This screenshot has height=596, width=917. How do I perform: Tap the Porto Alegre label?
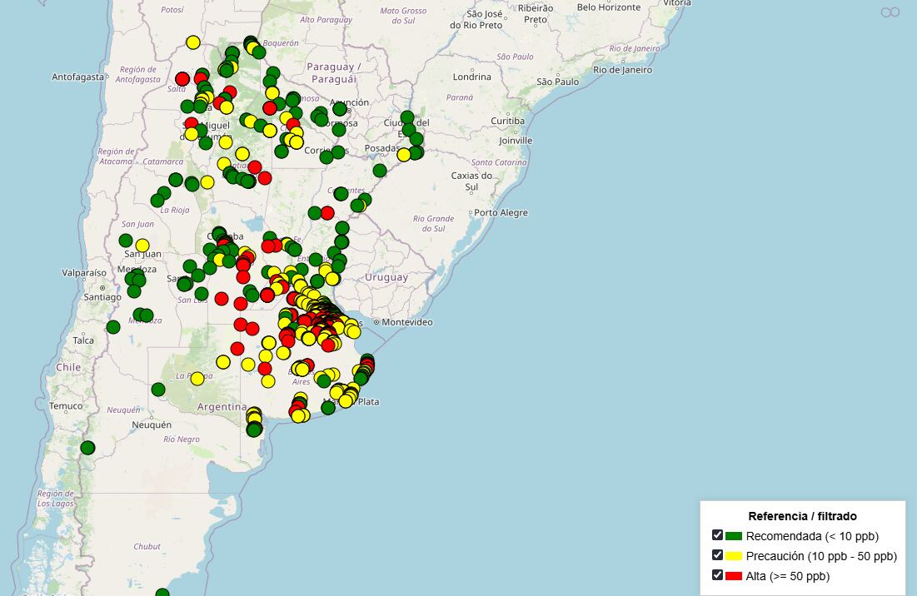pos(501,212)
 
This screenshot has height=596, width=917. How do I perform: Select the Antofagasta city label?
pos(78,77)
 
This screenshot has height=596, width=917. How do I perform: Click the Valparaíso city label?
pos(84,272)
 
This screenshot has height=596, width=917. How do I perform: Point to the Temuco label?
pos(67,406)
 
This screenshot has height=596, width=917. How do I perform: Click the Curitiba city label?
pos(507,121)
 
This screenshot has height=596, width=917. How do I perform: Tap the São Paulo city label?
pos(558,82)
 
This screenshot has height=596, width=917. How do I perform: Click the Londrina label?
pos(472,77)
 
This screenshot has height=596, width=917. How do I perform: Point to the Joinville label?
pos(516,141)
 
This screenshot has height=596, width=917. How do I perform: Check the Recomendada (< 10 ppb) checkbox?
pos(717,535)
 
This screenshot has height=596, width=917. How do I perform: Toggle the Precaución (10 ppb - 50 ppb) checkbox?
pos(717,555)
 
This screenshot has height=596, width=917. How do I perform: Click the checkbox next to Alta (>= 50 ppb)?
pos(717,575)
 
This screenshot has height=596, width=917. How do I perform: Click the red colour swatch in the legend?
pos(733,576)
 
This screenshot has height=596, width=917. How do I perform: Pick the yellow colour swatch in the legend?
pos(733,556)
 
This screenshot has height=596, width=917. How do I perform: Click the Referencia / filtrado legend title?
pos(802,516)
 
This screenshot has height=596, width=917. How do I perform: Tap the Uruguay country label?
pos(386,277)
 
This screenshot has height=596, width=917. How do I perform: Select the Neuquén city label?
pos(152,425)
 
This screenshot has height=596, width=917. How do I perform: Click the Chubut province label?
pos(147,547)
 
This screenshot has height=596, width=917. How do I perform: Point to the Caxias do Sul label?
pos(471,181)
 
